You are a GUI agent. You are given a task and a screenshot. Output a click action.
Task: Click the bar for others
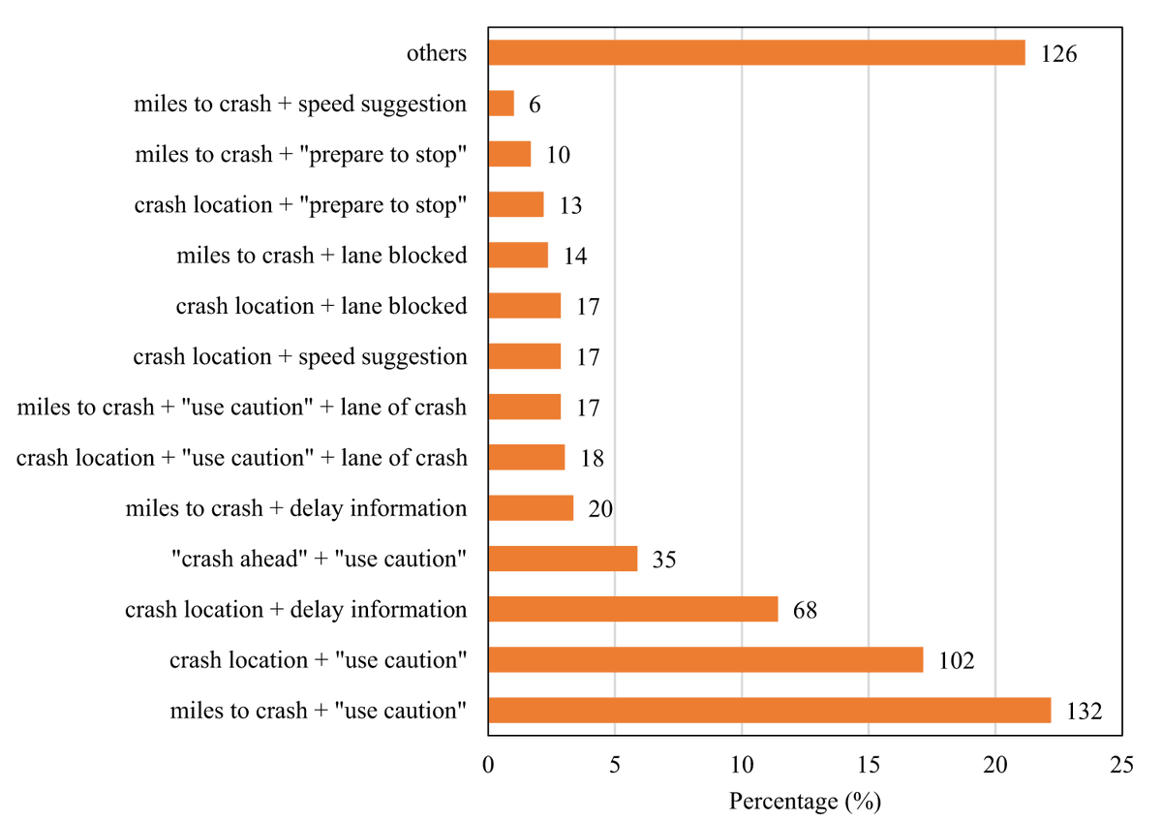pos(756,53)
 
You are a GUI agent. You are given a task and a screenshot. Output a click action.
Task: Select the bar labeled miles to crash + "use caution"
pos(769,711)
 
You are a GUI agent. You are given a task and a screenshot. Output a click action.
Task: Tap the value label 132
pos(1084,712)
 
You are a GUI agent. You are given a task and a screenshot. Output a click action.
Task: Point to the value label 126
pos(1058,54)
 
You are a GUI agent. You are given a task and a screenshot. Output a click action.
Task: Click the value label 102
pos(955,661)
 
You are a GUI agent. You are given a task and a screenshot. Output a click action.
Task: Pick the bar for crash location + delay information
pos(632,609)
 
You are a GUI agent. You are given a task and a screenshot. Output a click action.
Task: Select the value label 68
pos(804,610)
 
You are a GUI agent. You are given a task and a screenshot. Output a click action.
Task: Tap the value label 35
pos(664,560)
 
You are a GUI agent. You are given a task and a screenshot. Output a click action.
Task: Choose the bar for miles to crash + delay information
pos(531,508)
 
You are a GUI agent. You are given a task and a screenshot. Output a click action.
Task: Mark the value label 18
pos(591,458)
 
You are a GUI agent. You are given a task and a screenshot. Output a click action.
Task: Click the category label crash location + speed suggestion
pos(300,357)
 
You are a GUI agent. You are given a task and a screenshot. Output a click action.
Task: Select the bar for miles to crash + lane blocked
pos(518,256)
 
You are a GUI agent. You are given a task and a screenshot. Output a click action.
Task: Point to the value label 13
pos(569,206)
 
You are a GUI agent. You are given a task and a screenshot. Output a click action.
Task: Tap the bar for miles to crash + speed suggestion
pos(501,104)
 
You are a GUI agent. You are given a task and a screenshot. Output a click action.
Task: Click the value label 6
pos(535,105)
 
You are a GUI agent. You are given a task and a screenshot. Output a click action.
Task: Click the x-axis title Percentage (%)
pos(804,802)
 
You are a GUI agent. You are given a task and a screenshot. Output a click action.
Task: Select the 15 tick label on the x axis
pos(868,765)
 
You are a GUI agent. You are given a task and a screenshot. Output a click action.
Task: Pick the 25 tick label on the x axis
pos(1121,765)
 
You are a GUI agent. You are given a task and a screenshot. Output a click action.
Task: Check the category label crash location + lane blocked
pos(321,307)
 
